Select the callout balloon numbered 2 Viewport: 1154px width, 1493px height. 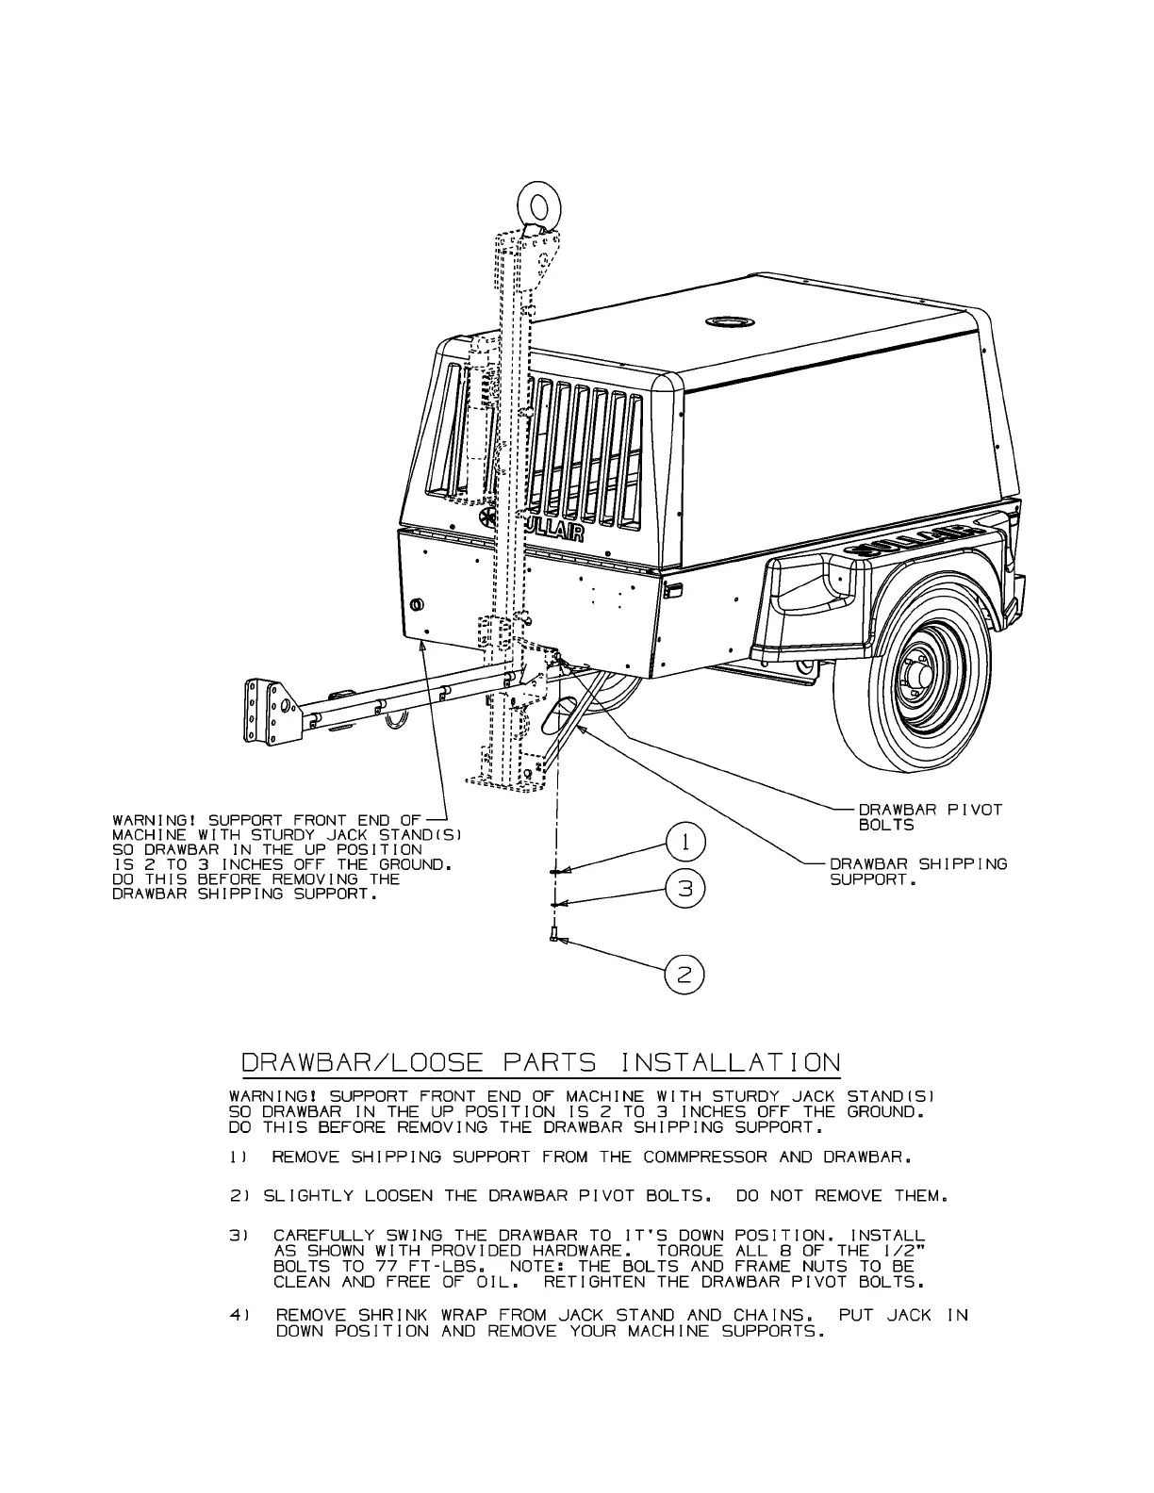pyautogui.click(x=685, y=975)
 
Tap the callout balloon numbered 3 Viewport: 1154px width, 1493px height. pyautogui.click(x=687, y=888)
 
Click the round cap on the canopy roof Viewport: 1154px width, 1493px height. pyautogui.click(x=729, y=321)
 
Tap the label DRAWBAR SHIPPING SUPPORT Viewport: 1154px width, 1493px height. pyautogui.click(x=917, y=872)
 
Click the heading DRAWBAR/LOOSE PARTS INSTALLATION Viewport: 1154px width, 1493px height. pyautogui.click(x=541, y=1063)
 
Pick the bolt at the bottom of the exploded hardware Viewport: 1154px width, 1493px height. pyautogui.click(x=553, y=935)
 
